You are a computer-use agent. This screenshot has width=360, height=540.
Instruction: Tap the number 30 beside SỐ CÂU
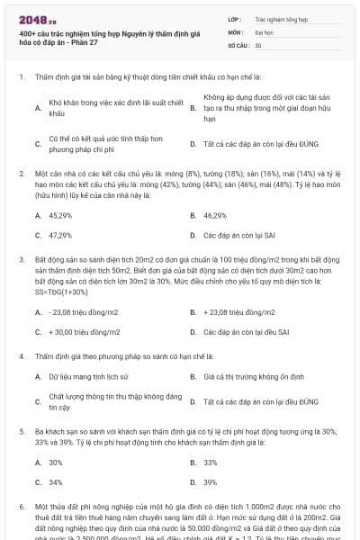click(x=258, y=44)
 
